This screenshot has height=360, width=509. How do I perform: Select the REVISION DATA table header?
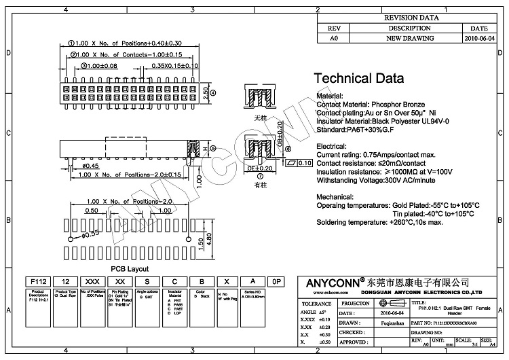(411, 18)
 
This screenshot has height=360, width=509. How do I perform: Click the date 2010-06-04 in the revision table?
(479, 39)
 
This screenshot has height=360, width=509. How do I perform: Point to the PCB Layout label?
(129, 269)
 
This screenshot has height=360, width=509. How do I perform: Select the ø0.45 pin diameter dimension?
(71, 165)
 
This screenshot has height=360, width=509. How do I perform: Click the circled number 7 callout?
(260, 176)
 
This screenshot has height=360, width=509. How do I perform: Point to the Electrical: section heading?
(335, 145)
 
